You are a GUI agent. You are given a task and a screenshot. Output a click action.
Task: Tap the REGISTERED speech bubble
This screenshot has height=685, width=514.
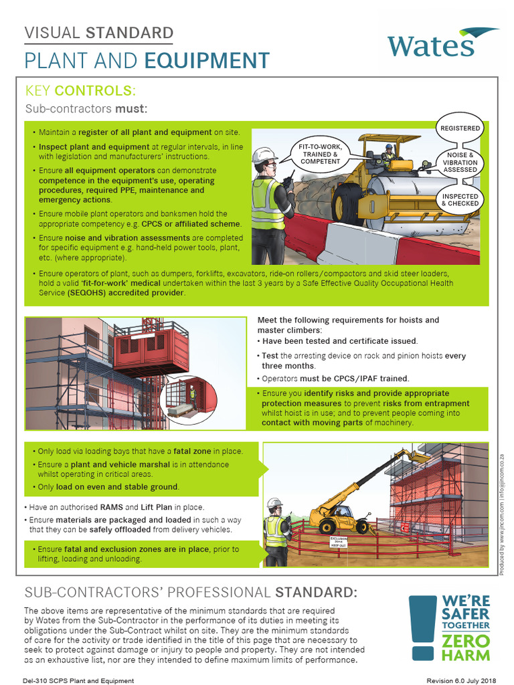(x=460, y=128)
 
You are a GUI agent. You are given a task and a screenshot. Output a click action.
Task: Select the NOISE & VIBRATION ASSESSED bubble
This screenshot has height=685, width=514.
(x=460, y=162)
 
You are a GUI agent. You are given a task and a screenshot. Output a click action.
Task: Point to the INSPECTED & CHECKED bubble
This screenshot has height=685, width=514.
(x=460, y=199)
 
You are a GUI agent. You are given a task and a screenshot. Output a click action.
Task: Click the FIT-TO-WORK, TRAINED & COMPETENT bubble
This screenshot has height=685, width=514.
(x=320, y=154)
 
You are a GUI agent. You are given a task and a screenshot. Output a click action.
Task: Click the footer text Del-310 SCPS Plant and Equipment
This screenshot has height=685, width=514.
(x=78, y=680)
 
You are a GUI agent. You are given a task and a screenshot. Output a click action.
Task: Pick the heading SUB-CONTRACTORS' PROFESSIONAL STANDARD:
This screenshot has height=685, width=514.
(x=191, y=592)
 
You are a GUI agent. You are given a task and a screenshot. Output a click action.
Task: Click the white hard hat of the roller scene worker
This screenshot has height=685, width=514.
(x=266, y=155)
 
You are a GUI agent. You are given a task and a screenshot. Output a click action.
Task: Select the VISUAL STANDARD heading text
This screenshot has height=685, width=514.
(x=99, y=32)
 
